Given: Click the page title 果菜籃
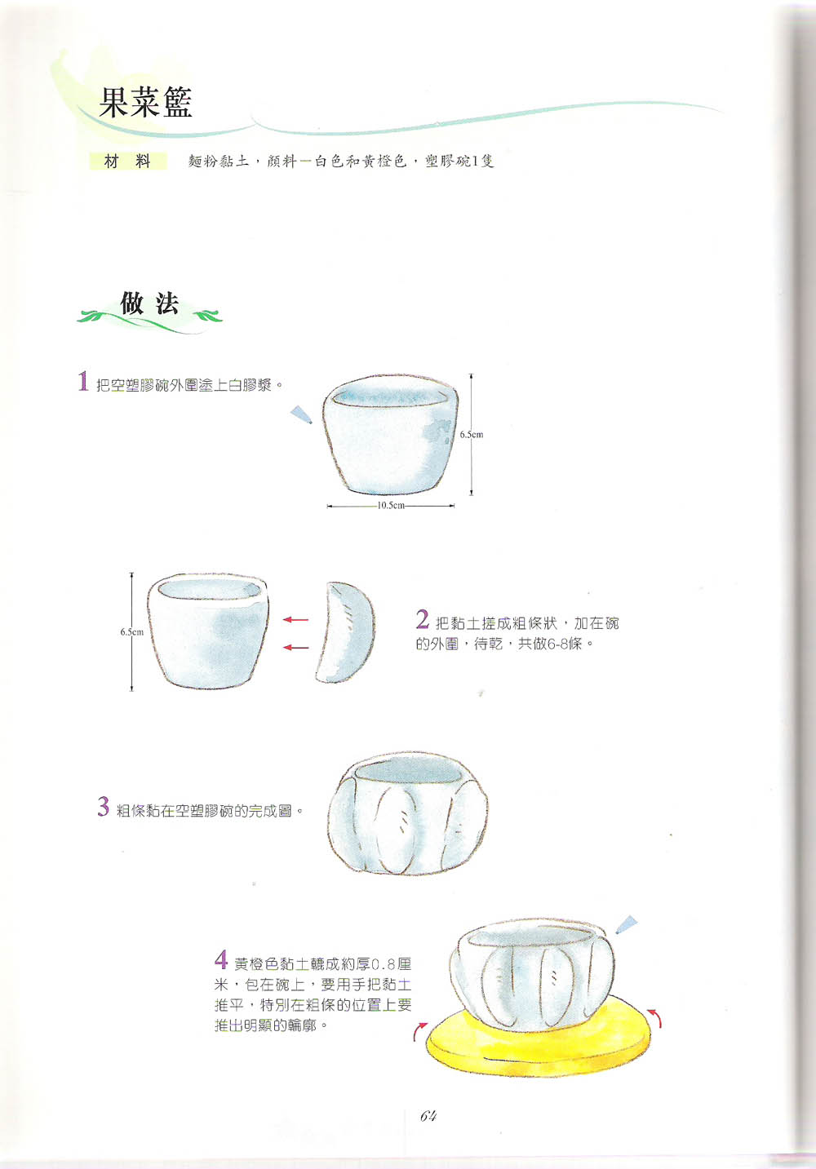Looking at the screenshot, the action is pyautogui.click(x=146, y=102).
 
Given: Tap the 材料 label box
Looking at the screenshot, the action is pyautogui.click(x=128, y=162).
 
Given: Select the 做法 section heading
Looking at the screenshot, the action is pyautogui.click(x=150, y=303).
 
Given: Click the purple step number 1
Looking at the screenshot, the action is pyautogui.click(x=83, y=381).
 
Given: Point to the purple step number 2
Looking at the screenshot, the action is pyautogui.click(x=423, y=619).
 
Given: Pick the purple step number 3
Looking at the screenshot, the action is pyautogui.click(x=104, y=806).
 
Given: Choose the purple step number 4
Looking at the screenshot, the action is pyautogui.click(x=221, y=959).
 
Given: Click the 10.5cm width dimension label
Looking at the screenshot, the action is pyautogui.click(x=391, y=506).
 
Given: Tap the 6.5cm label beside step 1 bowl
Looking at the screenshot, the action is pyautogui.click(x=472, y=434).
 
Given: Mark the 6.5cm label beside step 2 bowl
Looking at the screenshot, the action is pyautogui.click(x=132, y=632).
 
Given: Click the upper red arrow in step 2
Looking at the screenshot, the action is pyautogui.click(x=295, y=620).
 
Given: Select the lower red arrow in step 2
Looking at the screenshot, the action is pyautogui.click(x=295, y=648).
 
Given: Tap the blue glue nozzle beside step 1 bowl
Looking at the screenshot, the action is pyautogui.click(x=302, y=414).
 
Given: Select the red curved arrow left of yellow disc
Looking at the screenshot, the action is pyautogui.click(x=419, y=1032).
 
